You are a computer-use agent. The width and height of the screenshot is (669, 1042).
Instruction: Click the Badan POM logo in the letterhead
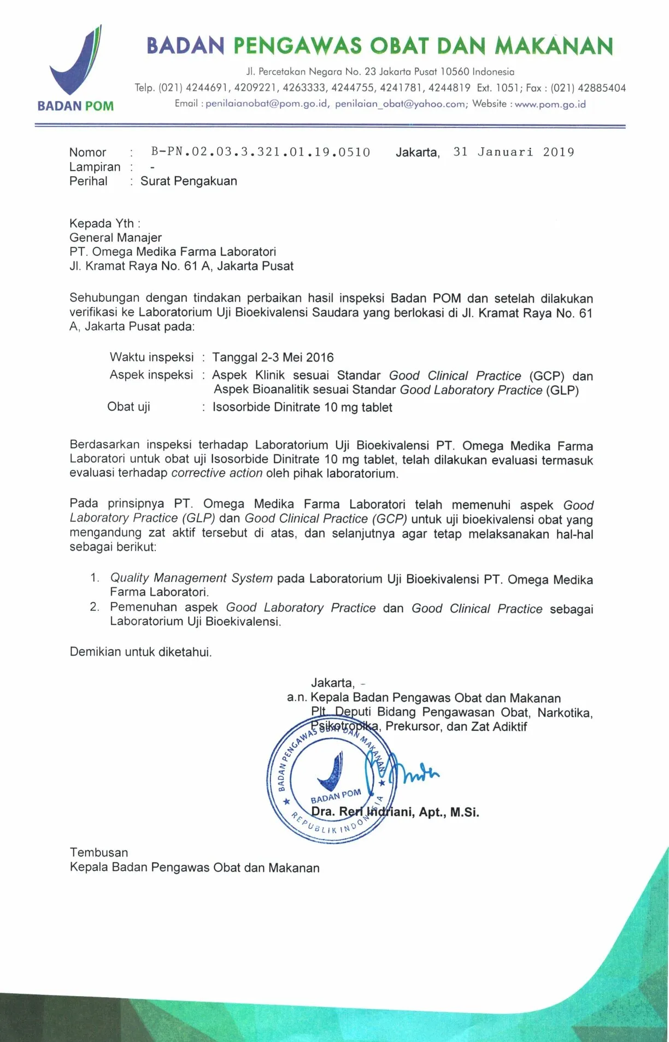coord(76,68)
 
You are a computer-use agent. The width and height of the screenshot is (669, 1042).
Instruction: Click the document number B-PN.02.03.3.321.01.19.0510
coord(261,152)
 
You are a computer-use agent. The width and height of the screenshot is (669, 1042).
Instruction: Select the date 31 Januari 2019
coord(513,152)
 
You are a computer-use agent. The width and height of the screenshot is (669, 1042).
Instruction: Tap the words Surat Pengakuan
coord(189,181)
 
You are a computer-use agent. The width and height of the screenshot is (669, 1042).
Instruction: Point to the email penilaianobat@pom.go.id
coord(267,104)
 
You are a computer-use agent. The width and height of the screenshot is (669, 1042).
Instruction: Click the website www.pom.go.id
coord(550,104)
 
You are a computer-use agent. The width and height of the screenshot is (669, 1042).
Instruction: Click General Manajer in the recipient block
coord(115,237)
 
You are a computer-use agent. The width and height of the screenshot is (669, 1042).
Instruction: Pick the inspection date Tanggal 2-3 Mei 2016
coord(273,357)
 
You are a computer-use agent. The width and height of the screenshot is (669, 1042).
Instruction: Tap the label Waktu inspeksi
coord(151,357)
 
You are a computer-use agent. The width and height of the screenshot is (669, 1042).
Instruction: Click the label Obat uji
coord(128,406)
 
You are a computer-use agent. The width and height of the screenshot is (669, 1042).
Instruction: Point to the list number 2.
coord(95,607)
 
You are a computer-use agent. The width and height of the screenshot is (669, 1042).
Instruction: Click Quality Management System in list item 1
coord(191,578)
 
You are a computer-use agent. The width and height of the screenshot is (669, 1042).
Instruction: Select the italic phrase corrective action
coord(217,473)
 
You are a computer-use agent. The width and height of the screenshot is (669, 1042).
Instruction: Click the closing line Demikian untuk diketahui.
coord(140,651)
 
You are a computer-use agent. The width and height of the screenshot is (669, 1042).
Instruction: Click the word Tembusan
coord(99,852)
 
